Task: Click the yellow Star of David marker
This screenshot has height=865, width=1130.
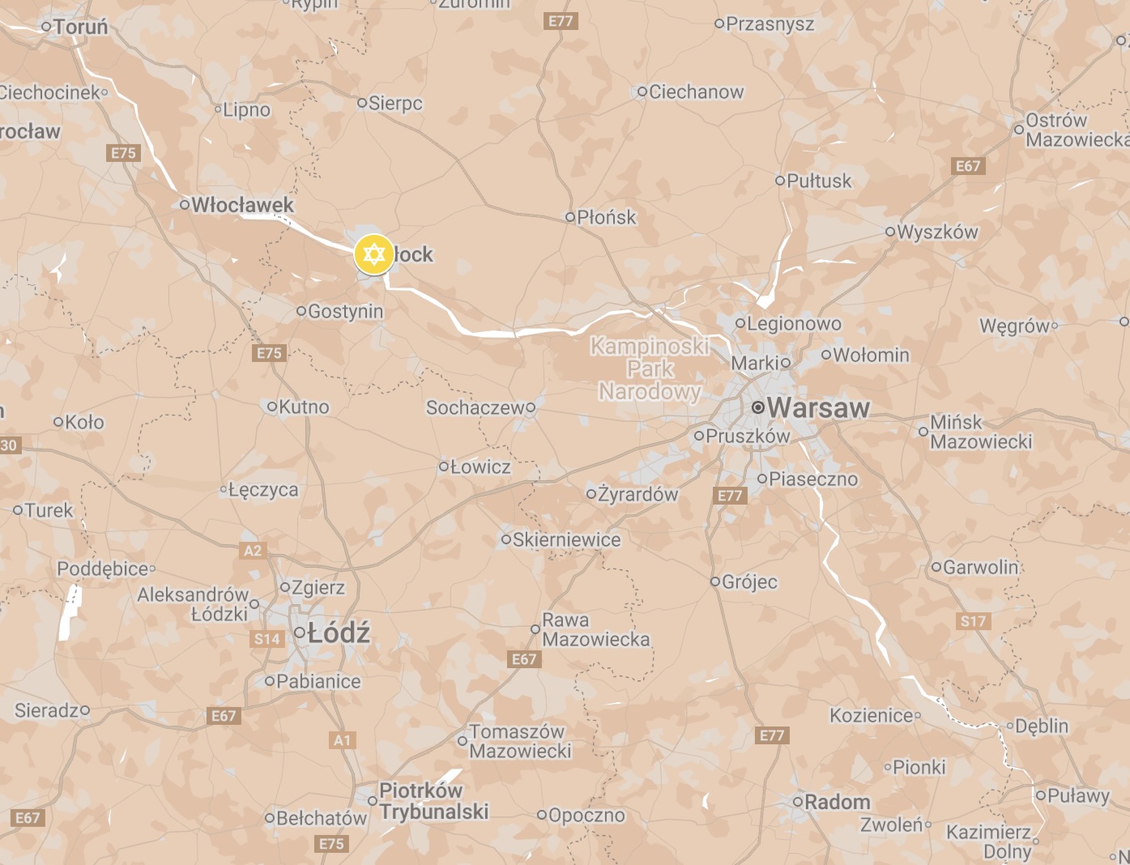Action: click(x=373, y=254)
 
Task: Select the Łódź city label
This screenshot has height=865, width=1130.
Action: click(x=338, y=633)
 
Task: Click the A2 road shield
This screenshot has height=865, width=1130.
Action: click(x=253, y=551)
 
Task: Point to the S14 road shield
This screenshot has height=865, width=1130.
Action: click(x=267, y=639)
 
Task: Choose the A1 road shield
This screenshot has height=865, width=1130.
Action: click(x=343, y=740)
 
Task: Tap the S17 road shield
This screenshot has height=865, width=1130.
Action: click(x=973, y=621)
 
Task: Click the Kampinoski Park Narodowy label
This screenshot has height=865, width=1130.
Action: click(x=650, y=369)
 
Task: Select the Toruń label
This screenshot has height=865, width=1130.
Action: click(x=80, y=27)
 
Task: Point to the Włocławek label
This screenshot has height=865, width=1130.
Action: click(x=242, y=205)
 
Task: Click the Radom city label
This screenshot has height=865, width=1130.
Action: click(x=838, y=802)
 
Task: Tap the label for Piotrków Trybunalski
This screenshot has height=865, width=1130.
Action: click(x=433, y=801)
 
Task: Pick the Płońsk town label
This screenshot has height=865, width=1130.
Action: click(x=606, y=217)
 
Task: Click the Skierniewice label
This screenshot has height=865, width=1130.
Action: click(x=566, y=539)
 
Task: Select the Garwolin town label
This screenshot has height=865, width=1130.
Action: click(x=980, y=567)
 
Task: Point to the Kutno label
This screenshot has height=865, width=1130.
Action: click(x=304, y=407)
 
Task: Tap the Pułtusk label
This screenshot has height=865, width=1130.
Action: click(x=819, y=181)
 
